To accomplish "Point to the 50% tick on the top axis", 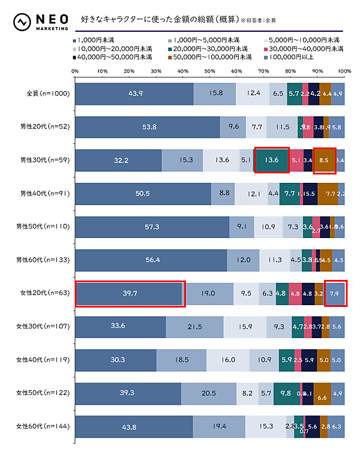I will point(209,71).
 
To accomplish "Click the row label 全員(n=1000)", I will point(49,94).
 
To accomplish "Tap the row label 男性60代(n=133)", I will point(48,260).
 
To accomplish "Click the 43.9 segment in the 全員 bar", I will point(134,94).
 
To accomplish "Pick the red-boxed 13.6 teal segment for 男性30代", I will point(272,160).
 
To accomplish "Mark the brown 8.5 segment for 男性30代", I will point(325,160).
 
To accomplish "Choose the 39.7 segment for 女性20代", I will point(130,293).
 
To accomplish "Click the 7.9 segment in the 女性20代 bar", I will point(335,293).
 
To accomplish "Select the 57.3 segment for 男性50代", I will point(152,227).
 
